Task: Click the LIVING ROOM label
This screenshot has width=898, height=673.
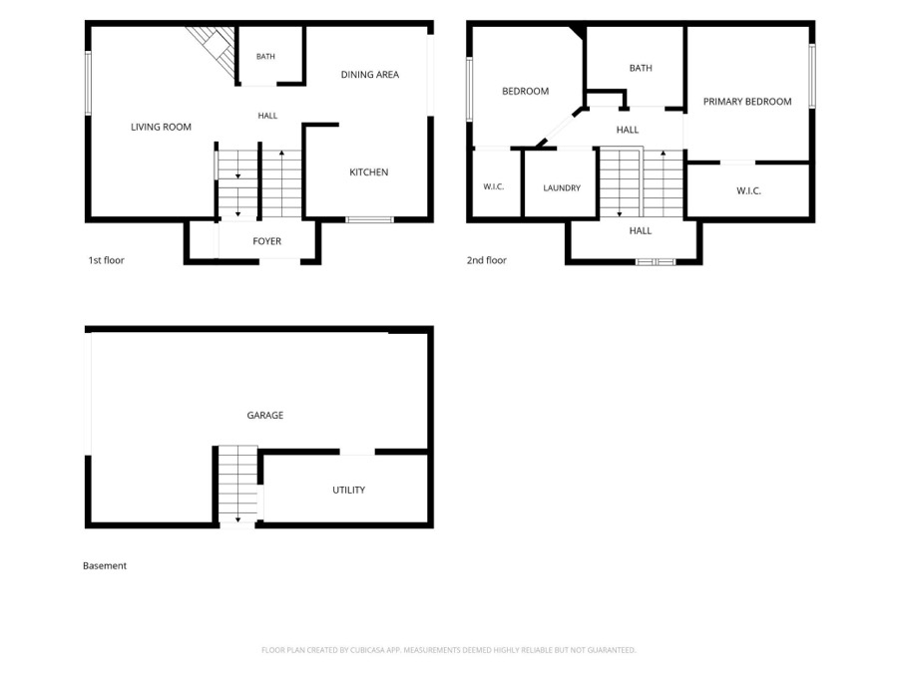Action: (x=161, y=127)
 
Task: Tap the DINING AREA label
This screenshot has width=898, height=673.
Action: (x=370, y=75)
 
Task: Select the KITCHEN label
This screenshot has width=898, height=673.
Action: (x=369, y=172)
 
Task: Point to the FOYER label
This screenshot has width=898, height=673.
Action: (x=266, y=241)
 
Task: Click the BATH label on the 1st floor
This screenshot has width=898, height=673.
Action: (x=265, y=57)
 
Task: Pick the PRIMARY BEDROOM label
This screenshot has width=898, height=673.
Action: (x=747, y=102)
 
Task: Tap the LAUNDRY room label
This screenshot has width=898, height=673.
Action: (x=562, y=187)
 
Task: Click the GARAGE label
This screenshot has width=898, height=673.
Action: (x=265, y=416)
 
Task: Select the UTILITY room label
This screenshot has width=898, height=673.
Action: (x=349, y=490)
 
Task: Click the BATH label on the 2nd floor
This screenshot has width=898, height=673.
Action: (x=641, y=68)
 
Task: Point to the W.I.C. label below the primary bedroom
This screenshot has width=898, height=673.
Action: (x=748, y=191)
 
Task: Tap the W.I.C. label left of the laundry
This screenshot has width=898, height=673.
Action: (x=494, y=186)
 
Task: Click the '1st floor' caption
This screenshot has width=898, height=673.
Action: (x=106, y=260)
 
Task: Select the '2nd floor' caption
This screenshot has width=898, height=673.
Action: (x=487, y=260)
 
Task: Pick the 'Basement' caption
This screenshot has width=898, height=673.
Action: (x=105, y=566)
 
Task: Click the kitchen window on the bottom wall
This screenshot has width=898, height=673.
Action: (x=370, y=219)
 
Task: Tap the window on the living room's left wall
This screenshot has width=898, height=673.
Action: (x=88, y=84)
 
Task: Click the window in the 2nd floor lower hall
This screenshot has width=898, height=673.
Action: (x=657, y=262)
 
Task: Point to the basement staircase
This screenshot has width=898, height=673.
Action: (x=237, y=485)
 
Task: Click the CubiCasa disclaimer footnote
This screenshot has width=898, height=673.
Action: (x=448, y=650)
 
